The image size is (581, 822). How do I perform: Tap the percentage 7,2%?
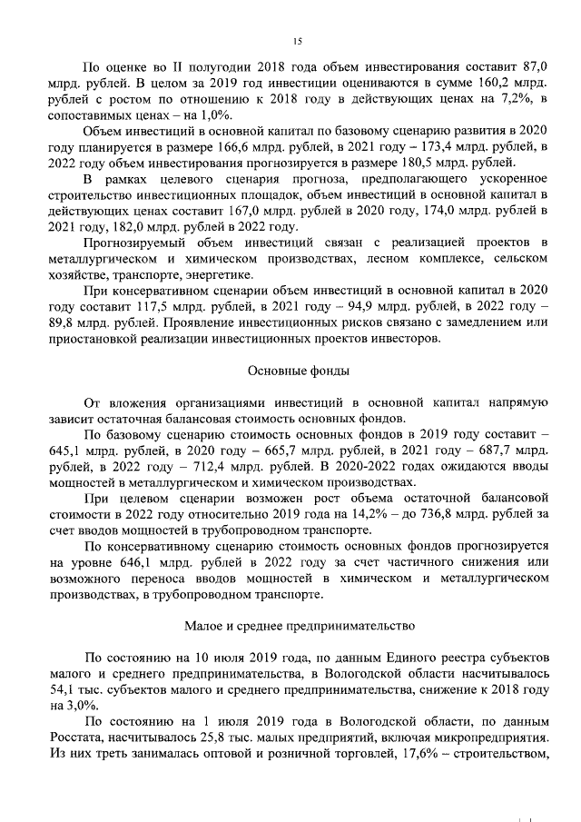coord(517,99)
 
